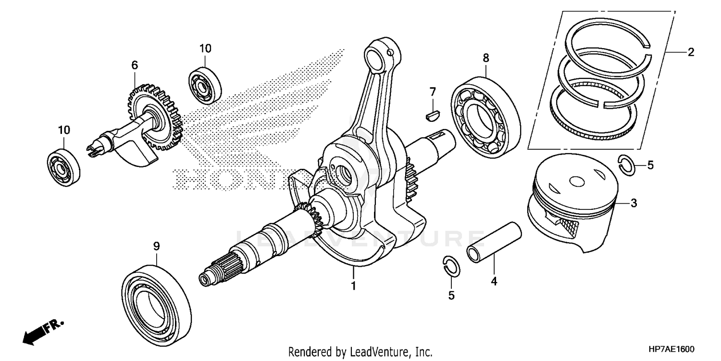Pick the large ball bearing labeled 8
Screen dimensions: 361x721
(x=485, y=116)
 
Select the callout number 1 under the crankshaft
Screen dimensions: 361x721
(x=353, y=286)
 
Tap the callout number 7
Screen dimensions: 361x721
(x=433, y=91)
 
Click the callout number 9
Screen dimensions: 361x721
(x=156, y=246)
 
